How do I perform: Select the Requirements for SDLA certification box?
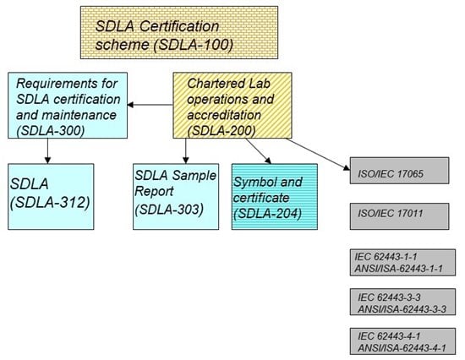68,105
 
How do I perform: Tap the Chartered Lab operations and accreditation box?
229,105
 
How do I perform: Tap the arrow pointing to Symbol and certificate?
259,151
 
